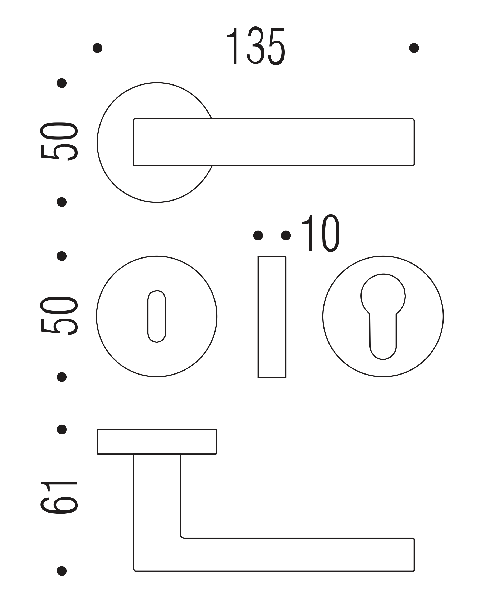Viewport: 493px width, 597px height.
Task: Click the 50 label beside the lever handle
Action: tap(59, 141)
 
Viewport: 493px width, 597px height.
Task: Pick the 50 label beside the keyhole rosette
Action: tap(59, 315)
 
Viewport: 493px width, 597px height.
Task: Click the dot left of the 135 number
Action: tap(97, 48)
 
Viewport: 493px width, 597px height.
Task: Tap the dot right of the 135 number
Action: tap(414, 48)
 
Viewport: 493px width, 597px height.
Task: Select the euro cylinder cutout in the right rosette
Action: tap(383, 317)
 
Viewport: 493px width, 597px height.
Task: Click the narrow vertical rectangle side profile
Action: tap(272, 317)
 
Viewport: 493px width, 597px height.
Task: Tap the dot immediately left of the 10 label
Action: tap(286, 235)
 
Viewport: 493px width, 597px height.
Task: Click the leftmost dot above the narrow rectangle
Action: tap(258, 235)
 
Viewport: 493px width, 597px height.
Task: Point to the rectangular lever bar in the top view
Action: tap(273, 142)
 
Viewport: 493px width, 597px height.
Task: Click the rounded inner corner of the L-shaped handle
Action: tap(182, 536)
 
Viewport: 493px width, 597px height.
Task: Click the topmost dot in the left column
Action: tap(62, 83)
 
